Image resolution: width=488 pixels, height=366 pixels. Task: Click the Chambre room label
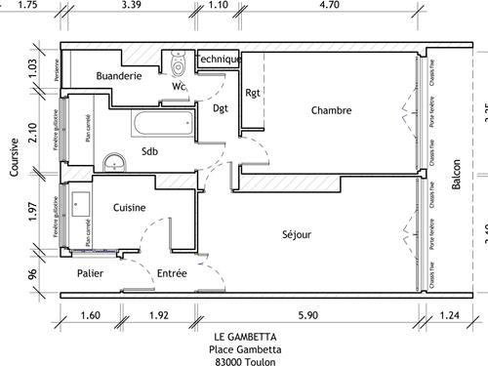tap(331, 110)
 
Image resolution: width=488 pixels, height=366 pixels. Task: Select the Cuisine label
tap(130, 207)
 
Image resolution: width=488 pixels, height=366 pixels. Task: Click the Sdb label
tap(149, 151)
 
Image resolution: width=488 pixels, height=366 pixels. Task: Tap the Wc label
tap(179, 87)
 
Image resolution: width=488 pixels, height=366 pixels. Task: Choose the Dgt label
tap(221, 108)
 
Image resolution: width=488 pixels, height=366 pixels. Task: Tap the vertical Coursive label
tap(14, 156)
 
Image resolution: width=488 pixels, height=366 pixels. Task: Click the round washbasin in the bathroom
tap(114, 162)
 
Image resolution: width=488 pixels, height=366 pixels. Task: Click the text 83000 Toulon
tap(244, 359)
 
